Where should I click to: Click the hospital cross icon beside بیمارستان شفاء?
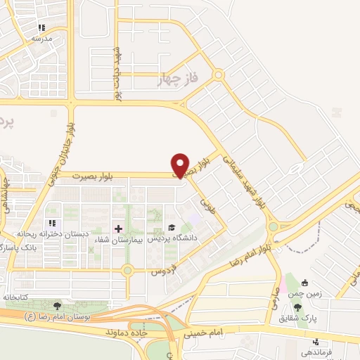[x=117, y=229]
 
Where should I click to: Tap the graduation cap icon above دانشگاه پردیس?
[x=171, y=228]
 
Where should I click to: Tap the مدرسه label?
[x=43, y=39]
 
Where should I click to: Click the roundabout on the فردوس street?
[x=127, y=270]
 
